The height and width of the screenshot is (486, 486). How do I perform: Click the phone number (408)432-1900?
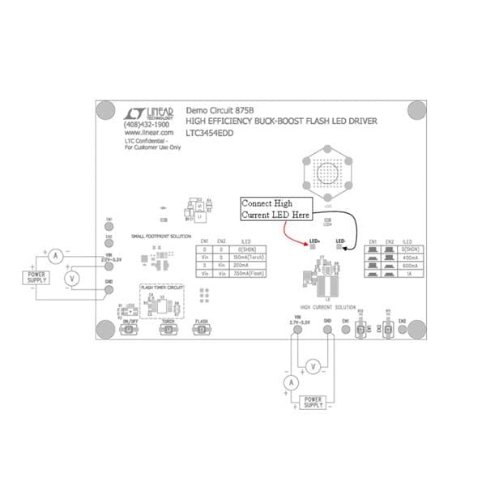pos(147,125)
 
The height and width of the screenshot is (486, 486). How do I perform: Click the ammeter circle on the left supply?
pos(56,255)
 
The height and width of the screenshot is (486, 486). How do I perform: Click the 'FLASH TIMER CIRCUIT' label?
pos(163,287)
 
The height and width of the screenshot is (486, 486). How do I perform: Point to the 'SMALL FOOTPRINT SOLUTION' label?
pos(162,236)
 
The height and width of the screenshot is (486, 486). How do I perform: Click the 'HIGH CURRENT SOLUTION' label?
pos(327,308)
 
